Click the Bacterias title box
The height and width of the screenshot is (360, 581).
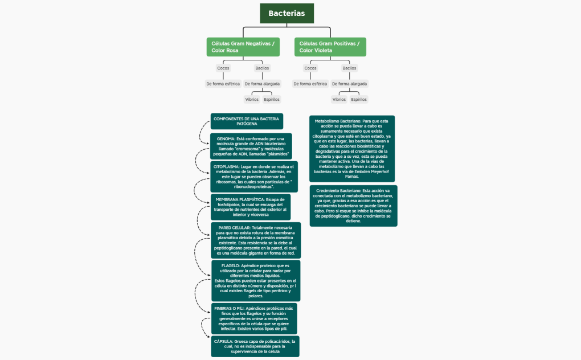pos(287,13)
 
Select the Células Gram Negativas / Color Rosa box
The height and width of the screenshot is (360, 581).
pos(243,47)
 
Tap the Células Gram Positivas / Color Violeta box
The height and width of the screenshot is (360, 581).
pos(330,47)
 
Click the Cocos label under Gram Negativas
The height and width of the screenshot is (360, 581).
pos(223,68)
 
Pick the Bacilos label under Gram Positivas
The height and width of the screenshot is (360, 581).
pos(349,68)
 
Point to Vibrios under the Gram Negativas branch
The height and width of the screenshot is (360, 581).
pos(252,99)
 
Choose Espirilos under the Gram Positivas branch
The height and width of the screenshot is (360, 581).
pos(359,99)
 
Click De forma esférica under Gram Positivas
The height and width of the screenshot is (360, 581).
pos(310,84)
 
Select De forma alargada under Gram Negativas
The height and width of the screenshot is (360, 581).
pos(262,84)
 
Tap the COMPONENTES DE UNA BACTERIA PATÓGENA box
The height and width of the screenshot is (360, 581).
pos(247,121)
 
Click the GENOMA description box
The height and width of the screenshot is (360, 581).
pos(251,146)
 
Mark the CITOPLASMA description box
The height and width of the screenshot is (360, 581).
pos(253,175)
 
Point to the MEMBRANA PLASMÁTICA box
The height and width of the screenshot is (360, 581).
pos(251,207)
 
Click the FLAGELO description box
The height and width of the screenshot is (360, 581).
pos(255,281)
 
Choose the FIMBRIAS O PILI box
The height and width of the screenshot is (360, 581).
pos(253,318)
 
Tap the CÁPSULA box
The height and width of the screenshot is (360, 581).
pos(255,346)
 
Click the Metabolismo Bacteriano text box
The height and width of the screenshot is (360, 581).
pos(351,149)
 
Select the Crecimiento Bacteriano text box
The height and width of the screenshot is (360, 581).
pos(353,206)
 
